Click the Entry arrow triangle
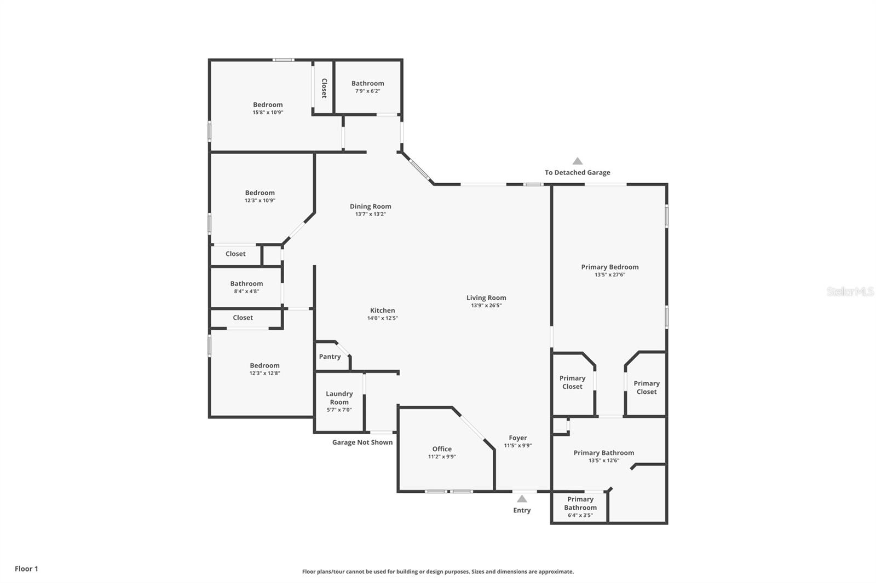tap(522, 499)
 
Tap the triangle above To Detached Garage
tap(578, 161)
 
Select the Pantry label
tap(330, 357)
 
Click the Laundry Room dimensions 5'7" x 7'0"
tap(339, 410)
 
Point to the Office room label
tap(442, 449)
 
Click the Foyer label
tap(518, 438)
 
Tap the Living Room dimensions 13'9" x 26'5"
tap(486, 306)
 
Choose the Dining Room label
tap(370, 206)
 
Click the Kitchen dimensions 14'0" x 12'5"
tap(383, 318)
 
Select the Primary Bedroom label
tap(610, 267)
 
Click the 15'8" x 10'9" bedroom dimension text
tap(268, 113)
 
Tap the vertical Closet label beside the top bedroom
tap(324, 88)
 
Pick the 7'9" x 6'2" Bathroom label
tap(367, 83)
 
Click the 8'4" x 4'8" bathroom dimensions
tap(246, 291)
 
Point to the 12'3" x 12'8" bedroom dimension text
tap(265, 373)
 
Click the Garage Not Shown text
tap(362, 442)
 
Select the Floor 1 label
tap(27, 569)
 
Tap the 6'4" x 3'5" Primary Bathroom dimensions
tap(580, 515)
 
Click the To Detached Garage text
tap(578, 172)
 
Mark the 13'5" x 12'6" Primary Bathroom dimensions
tap(604, 460)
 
